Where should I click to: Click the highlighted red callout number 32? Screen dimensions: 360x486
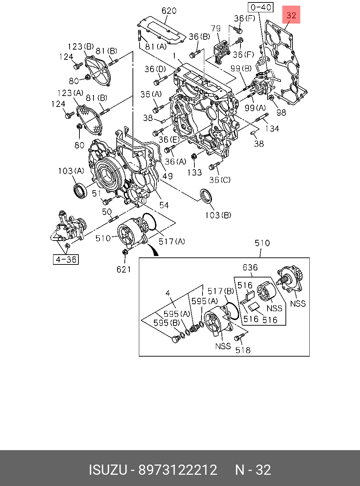(x=291, y=15)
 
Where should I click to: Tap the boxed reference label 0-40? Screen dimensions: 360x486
(x=261, y=7)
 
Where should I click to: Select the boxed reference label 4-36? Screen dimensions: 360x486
(x=66, y=260)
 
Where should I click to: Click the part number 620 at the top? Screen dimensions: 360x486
(x=169, y=11)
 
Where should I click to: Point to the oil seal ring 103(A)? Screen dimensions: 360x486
(x=80, y=191)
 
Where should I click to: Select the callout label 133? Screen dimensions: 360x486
(x=194, y=172)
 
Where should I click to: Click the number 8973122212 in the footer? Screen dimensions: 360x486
(x=178, y=470)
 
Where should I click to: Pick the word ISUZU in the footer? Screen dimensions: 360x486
(x=108, y=470)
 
